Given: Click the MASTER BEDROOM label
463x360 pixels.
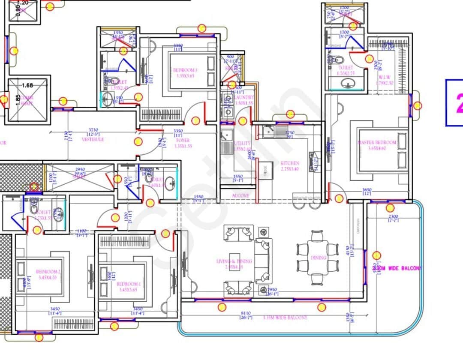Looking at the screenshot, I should point(378,143).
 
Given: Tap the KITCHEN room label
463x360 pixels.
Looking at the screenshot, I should point(290,164).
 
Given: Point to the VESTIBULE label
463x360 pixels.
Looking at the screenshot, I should point(93,140).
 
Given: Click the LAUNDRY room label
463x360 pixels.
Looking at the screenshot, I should point(244,98).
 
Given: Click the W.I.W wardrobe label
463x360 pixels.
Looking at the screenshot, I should point(386,78).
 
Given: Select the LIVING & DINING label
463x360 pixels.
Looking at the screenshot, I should point(234,261).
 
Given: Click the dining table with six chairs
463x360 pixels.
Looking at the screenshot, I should point(318,258).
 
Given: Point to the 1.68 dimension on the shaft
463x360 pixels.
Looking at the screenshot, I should point(27,86).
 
